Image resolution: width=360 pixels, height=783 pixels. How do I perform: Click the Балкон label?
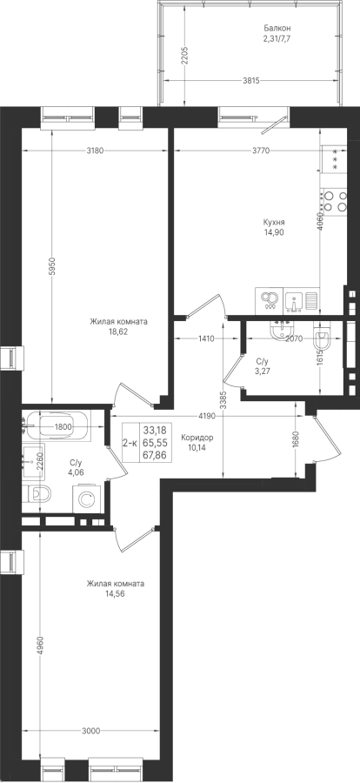pos(277,29)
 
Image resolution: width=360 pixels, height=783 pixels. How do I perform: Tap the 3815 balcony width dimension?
pos(250,81)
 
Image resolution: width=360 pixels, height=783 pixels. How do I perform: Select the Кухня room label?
pos(274,223)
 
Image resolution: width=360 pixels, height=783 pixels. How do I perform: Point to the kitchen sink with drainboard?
pos(301,301)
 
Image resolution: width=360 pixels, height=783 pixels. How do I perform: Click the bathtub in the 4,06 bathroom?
pos(63,426)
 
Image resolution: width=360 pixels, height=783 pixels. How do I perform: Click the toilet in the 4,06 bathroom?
pos(37,494)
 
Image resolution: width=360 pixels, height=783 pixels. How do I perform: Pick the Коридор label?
pos(197,438)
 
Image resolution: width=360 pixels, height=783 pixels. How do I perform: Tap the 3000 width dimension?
pos(90,731)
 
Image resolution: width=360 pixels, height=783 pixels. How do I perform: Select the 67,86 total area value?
pos(156,454)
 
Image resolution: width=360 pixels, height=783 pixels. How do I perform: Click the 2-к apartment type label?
pos(131,442)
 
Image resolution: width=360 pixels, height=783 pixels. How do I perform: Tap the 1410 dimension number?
pos(206,339)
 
